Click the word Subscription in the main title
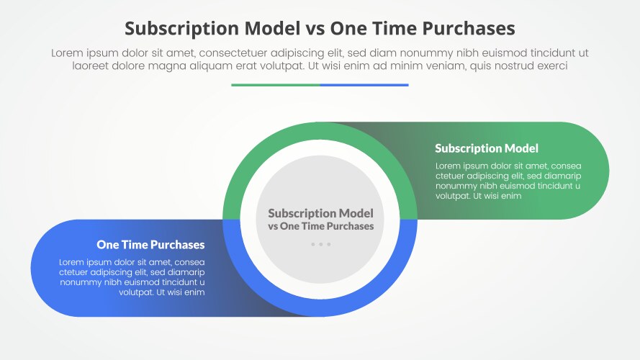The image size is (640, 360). (x=183, y=28)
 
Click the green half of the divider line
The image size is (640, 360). (x=275, y=85)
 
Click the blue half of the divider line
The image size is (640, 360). (x=364, y=85)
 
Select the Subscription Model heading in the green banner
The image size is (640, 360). (x=487, y=148)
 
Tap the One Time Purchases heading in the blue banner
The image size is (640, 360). (x=150, y=245)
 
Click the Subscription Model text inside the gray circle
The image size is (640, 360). (x=320, y=213)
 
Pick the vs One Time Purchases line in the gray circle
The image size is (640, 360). (x=320, y=226)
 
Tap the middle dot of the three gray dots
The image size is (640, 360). (x=321, y=244)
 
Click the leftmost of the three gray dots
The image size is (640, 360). (x=313, y=244)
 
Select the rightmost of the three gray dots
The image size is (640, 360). (x=329, y=244)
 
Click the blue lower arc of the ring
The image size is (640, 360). (x=320, y=307)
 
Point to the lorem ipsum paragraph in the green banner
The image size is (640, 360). (x=508, y=180)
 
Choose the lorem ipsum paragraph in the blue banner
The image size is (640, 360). (x=132, y=277)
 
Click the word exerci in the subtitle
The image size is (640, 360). (x=551, y=66)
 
